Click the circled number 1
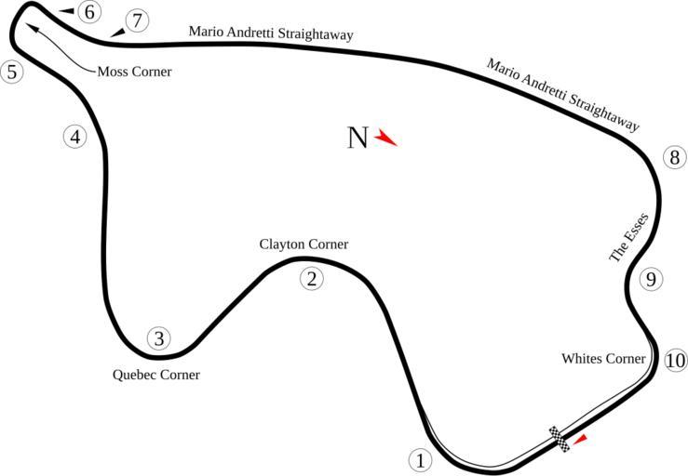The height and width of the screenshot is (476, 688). pyautogui.click(x=420, y=459)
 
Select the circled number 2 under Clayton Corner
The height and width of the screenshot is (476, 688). pyautogui.click(x=312, y=278)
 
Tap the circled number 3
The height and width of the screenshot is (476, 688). pyautogui.click(x=159, y=338)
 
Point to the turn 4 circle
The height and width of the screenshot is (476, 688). pyautogui.click(x=75, y=137)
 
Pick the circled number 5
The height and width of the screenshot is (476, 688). pyautogui.click(x=11, y=72)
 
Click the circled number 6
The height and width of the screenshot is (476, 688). pyautogui.click(x=88, y=12)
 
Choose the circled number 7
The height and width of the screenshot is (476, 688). pyautogui.click(x=136, y=20)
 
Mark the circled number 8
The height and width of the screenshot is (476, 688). pyautogui.click(x=674, y=157)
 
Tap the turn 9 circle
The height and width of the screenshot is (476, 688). pyautogui.click(x=651, y=279)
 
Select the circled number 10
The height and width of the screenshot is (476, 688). pyautogui.click(x=676, y=361)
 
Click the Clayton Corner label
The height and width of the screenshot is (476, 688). pyautogui.click(x=304, y=245)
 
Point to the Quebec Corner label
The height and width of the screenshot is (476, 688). pyautogui.click(x=155, y=376)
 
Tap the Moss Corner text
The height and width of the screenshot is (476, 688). pyautogui.click(x=134, y=72)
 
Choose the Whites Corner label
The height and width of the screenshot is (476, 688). pyautogui.click(x=603, y=359)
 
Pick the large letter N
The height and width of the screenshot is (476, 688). pyautogui.click(x=357, y=139)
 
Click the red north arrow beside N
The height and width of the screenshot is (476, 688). pyautogui.click(x=385, y=139)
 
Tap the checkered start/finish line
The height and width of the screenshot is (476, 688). pyautogui.click(x=560, y=439)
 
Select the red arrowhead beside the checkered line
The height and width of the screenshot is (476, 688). pyautogui.click(x=580, y=438)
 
